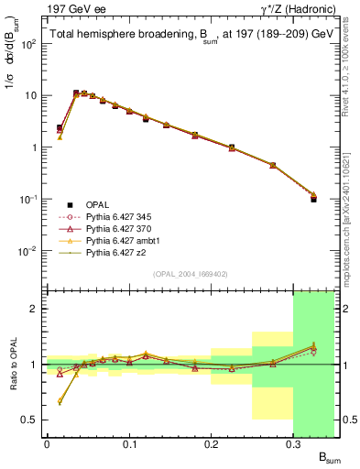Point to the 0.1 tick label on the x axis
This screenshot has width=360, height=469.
[128, 446]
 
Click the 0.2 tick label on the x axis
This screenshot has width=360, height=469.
[211, 446]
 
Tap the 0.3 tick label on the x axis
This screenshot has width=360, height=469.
[293, 446]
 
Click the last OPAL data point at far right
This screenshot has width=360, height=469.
[313, 199]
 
